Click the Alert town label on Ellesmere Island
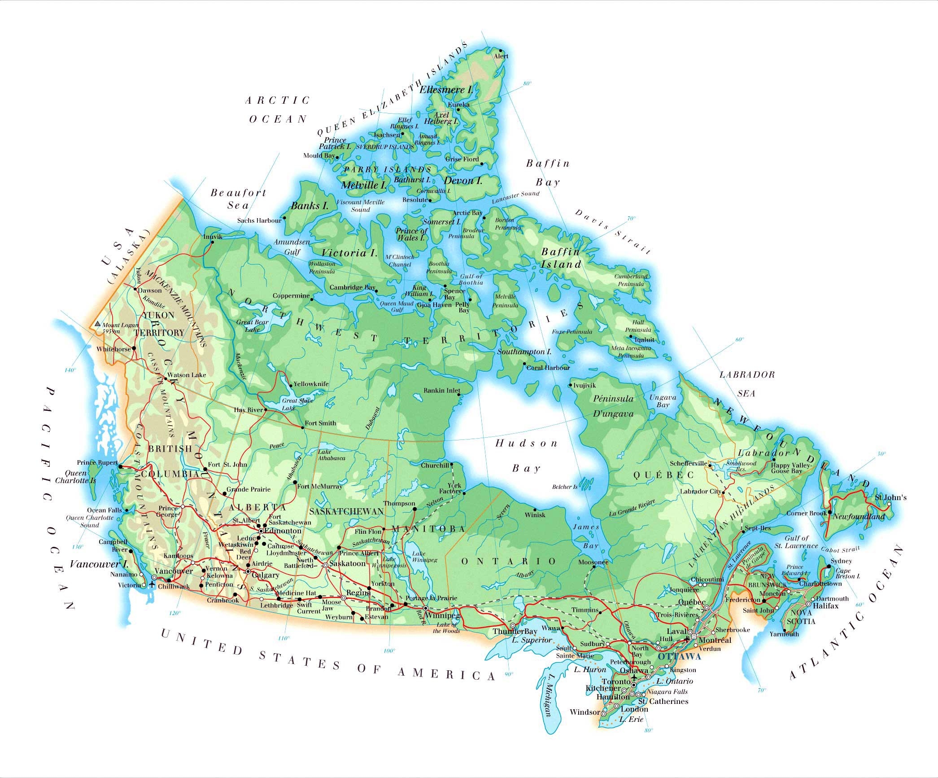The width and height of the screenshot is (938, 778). [501, 57]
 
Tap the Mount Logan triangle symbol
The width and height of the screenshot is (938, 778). [97, 324]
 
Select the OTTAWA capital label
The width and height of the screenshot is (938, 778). [679, 657]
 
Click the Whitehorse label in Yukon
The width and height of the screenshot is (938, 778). [113, 349]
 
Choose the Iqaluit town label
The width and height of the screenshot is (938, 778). [644, 340]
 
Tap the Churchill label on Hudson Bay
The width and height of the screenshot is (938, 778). [435, 465]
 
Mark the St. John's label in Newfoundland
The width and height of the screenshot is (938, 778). [891, 497]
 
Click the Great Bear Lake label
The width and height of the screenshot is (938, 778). [252, 325]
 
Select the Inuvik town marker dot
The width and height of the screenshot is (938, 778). [212, 243]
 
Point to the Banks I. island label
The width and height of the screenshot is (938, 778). [310, 206]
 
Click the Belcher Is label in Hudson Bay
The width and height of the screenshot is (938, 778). [564, 487]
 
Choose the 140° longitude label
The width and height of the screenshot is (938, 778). [70, 370]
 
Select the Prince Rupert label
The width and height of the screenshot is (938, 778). [97, 462]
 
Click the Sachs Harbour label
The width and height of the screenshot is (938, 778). [259, 220]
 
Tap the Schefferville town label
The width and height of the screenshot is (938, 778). [688, 463]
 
